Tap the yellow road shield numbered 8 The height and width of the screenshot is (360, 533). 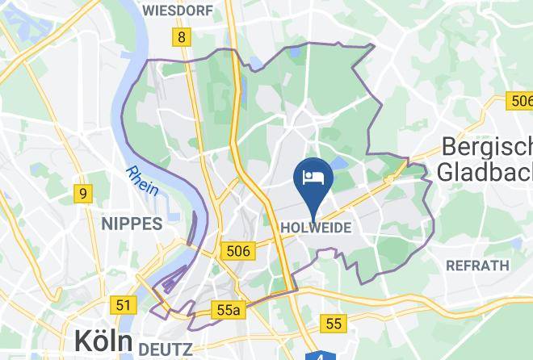[x=183, y=37]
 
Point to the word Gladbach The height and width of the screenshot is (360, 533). [x=484, y=171]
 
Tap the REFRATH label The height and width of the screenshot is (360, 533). [x=478, y=265]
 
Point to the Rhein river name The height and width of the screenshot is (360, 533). [x=141, y=181]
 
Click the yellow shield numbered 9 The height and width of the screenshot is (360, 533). [x=82, y=194]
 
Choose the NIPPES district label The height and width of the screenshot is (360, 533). [x=132, y=224]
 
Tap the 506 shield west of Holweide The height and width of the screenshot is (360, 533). [x=239, y=251]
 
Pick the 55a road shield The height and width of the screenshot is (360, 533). [x=229, y=309]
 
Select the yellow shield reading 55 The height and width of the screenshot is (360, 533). [x=333, y=324]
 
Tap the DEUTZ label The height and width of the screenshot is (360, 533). [x=165, y=350]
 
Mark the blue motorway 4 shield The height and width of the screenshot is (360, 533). [x=321, y=356]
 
